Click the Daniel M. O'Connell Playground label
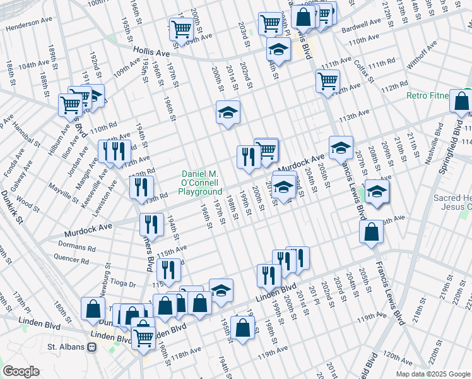point(200,183)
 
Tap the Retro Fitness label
point(427,96)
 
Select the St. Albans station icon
point(91,347)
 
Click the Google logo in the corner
point(21,371)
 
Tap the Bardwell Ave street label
point(362,25)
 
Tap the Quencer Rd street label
point(71,258)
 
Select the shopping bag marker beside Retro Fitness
point(462,101)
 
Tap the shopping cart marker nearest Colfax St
point(328,81)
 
